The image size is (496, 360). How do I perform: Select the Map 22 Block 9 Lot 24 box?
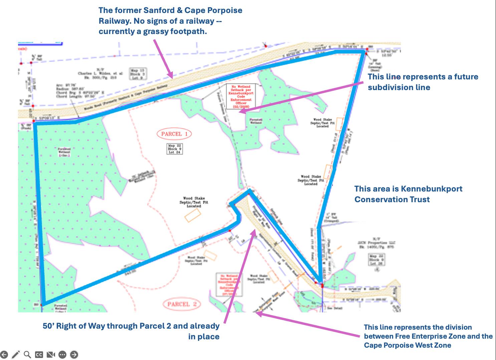pos(175,149)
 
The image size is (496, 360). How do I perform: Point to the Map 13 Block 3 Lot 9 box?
pos(138,74)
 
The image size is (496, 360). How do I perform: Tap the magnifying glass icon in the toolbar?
pos(27,354)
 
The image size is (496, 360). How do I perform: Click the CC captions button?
pos(39,354)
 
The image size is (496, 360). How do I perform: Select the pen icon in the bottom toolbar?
pos(16,354)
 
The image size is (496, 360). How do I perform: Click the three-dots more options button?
pos(62,354)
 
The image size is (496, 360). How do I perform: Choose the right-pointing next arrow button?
pos(74,354)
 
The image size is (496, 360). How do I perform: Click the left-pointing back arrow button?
pos(4,354)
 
